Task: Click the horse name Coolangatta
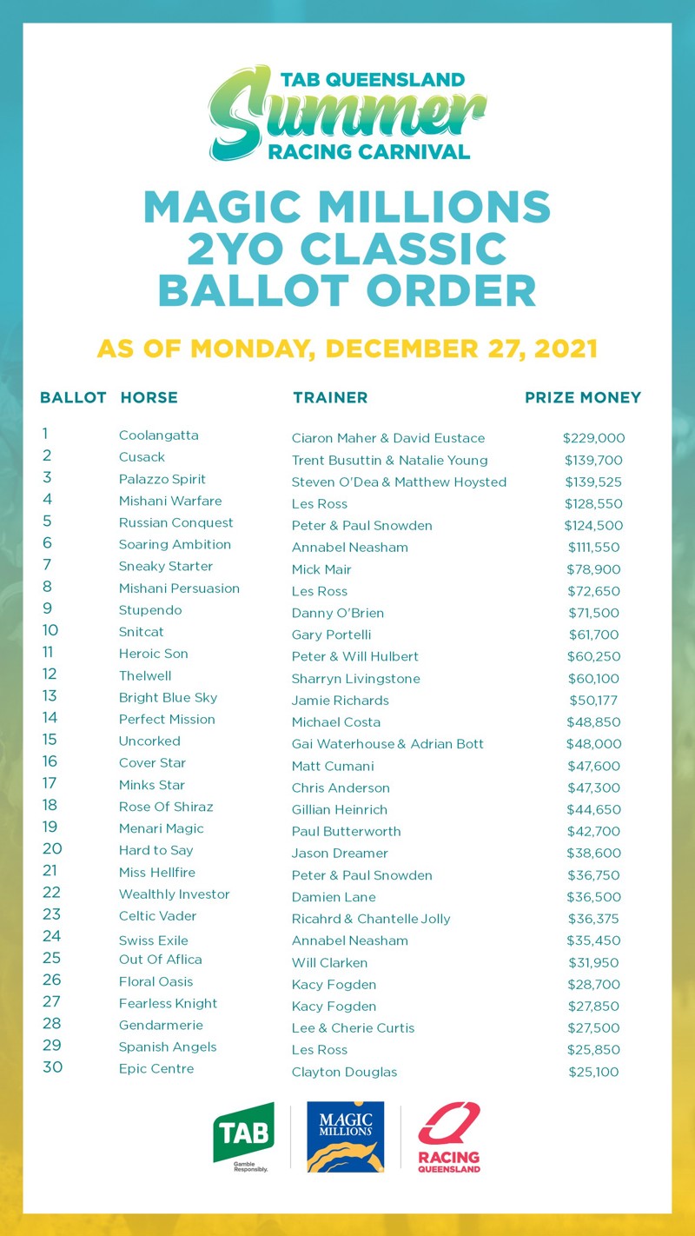coord(158,435)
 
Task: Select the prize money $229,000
coord(593,438)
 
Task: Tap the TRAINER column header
coord(330,397)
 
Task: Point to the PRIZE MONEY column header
coord(583,397)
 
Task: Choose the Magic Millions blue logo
coord(345,1136)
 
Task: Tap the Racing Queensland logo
coord(448,1137)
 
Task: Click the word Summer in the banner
coord(346,113)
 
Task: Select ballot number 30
coord(52,1067)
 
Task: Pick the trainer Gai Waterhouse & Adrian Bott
coord(387,744)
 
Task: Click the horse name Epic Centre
coord(156,1068)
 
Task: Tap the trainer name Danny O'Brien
coord(338,613)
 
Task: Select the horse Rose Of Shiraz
coord(166,807)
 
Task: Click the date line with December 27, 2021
coord(347,349)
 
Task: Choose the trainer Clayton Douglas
coord(344,1072)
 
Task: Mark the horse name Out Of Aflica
coord(160,960)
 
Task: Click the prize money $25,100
coord(593,1072)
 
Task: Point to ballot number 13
coord(49,695)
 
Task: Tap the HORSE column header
coord(149,397)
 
